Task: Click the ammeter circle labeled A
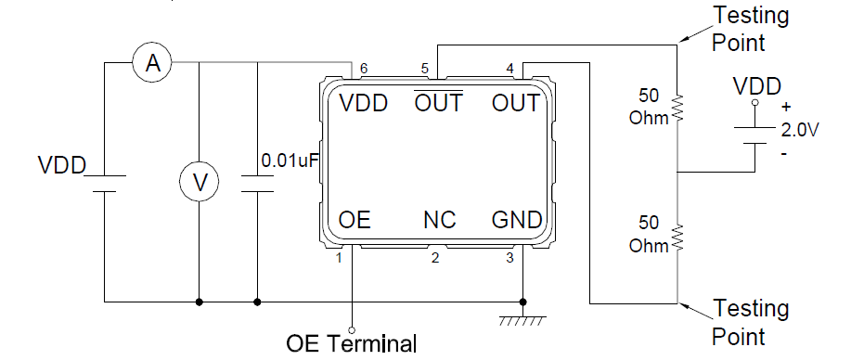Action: tap(155, 63)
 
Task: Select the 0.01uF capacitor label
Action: tap(290, 161)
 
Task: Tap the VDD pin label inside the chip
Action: tap(363, 103)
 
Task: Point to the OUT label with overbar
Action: tap(438, 102)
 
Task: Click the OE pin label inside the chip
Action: tap(355, 220)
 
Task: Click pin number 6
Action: tap(364, 69)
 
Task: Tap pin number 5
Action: tap(424, 69)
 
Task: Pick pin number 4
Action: tap(509, 69)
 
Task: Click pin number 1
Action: tap(340, 257)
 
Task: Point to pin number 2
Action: tap(434, 257)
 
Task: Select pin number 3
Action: tap(509, 257)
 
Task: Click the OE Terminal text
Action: tap(352, 343)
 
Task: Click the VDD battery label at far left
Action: tap(61, 166)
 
